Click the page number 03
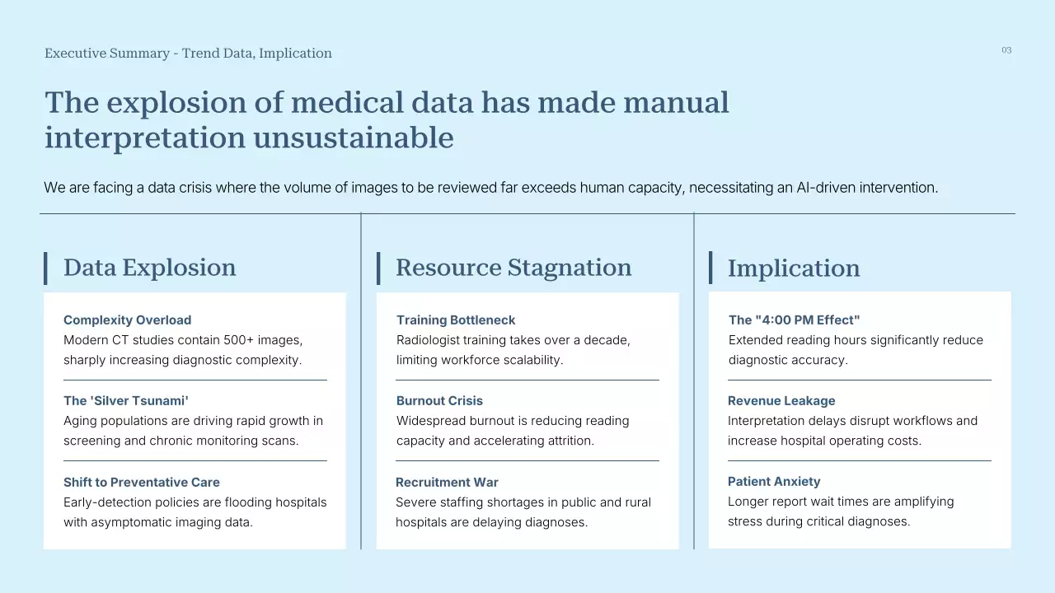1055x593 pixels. [1006, 50]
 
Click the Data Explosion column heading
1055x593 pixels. [150, 268]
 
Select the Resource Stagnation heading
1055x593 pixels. [513, 268]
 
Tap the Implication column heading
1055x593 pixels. [794, 268]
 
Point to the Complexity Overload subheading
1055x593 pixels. [127, 320]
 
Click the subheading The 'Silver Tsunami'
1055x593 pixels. [126, 400]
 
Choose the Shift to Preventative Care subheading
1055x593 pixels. [141, 482]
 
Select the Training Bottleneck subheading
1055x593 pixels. [456, 320]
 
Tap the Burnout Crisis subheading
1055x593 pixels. [439, 400]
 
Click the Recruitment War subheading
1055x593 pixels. [447, 482]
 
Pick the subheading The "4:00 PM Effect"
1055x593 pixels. [794, 320]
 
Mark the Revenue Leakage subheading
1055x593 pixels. [781, 400]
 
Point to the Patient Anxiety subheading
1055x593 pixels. [774, 482]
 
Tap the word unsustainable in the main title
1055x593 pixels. [354, 138]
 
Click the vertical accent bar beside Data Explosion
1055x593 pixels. [45, 268]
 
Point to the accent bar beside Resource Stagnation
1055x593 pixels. [378, 268]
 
